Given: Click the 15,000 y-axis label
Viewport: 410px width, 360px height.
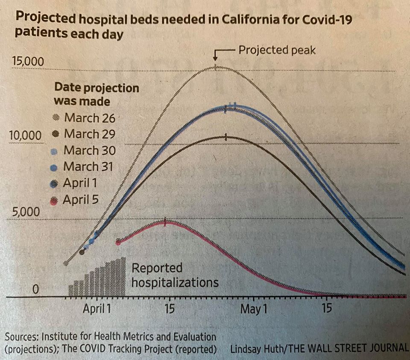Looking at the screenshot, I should point(28,62).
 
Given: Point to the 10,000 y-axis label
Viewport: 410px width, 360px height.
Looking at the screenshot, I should point(25,135).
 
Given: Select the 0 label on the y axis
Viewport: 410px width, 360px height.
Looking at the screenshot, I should point(36,290).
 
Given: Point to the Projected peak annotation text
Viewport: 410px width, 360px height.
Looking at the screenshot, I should point(277,50).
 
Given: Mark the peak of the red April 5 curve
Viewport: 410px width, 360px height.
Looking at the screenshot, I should point(165,221).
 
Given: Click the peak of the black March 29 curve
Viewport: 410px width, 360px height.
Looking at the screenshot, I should point(226,137).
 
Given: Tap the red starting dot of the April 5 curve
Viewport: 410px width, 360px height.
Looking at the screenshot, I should point(118,242).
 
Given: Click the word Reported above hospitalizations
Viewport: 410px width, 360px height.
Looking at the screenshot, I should point(157,269).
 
